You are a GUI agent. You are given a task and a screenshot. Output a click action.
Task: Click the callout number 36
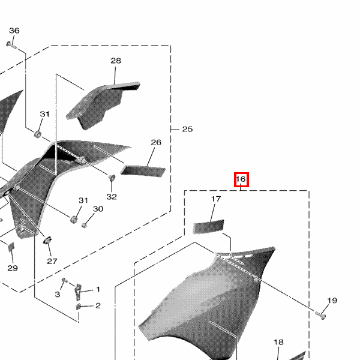(14, 31)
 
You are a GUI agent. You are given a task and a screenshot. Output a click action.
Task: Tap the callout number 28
(116, 61)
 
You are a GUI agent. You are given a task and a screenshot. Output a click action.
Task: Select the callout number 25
(187, 129)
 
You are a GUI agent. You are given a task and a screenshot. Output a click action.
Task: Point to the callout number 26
(156, 142)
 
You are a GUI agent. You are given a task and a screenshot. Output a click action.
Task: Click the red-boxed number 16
(241, 179)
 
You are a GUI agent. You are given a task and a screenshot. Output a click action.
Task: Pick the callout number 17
(216, 199)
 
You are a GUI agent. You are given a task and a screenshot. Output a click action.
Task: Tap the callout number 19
(332, 301)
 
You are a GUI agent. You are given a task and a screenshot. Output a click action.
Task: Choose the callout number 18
(278, 343)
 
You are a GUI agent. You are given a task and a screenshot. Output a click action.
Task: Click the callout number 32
(112, 197)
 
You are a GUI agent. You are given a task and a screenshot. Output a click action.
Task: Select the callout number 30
(98, 209)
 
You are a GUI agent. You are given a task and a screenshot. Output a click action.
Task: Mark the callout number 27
(52, 261)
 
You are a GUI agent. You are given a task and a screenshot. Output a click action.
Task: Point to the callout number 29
(13, 268)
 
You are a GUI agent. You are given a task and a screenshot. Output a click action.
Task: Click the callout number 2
(98, 305)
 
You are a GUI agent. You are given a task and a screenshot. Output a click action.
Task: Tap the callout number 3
(58, 295)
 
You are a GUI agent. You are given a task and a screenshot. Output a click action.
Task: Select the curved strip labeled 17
(208, 226)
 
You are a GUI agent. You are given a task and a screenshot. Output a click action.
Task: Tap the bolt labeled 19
(320, 315)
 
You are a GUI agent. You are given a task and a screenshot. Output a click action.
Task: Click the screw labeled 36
(11, 44)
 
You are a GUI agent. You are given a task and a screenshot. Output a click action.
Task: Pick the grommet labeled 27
(47, 240)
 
